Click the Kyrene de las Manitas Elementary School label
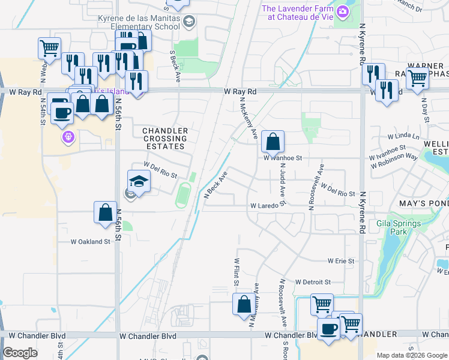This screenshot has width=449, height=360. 139,22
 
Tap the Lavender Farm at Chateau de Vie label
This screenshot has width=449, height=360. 297,13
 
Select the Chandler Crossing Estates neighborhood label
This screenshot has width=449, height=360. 164,139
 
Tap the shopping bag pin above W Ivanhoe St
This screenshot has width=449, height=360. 273,142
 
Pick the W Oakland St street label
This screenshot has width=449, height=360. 91,242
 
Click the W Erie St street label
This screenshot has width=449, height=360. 341,262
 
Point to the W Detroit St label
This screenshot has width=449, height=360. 313,282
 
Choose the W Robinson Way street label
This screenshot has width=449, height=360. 394,157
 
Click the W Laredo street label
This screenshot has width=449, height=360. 265,206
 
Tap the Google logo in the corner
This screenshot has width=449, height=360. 20,353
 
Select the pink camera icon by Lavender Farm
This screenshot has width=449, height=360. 343,11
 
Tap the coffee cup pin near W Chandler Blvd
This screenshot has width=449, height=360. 329,329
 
